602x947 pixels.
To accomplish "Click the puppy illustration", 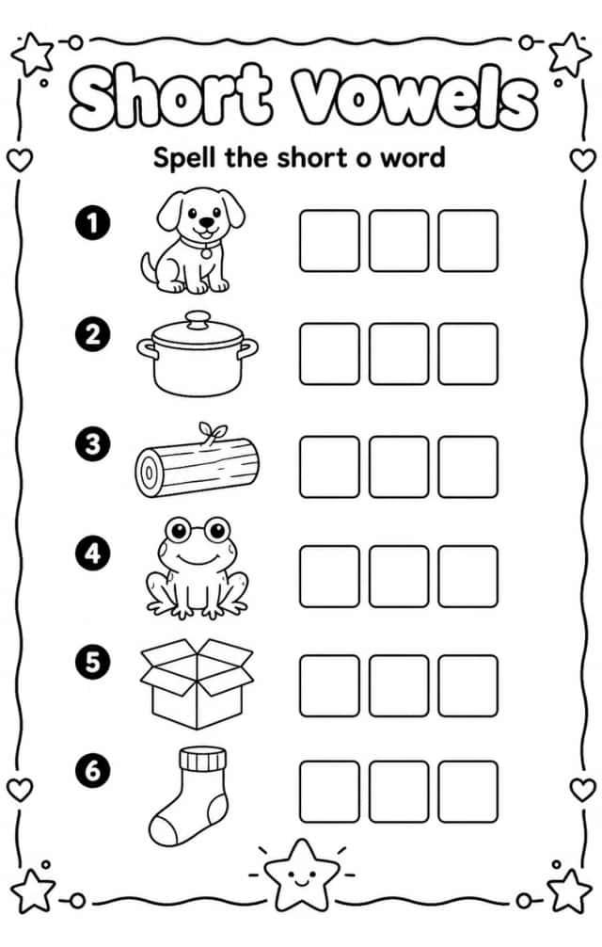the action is pos(193,242).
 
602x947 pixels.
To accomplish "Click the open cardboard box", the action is pos(197,683).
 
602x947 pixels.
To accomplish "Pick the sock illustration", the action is pos(190,796).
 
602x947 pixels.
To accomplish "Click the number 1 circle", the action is pos(93,223).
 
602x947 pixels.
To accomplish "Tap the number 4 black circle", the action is pos(93,554).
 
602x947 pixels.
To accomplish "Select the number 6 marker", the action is pos(93,771).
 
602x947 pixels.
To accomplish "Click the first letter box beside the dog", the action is pos(329,240).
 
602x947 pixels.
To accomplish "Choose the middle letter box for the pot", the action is pos(399,354).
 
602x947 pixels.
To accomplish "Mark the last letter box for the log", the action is pos(468,467).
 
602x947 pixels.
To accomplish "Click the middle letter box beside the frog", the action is pos(399,577).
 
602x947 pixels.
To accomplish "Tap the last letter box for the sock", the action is pos(468,792).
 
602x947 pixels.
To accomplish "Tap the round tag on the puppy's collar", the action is pos(206,252).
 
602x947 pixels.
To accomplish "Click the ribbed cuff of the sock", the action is pos(202,759).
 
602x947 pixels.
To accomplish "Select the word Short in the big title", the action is pos(170,97).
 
